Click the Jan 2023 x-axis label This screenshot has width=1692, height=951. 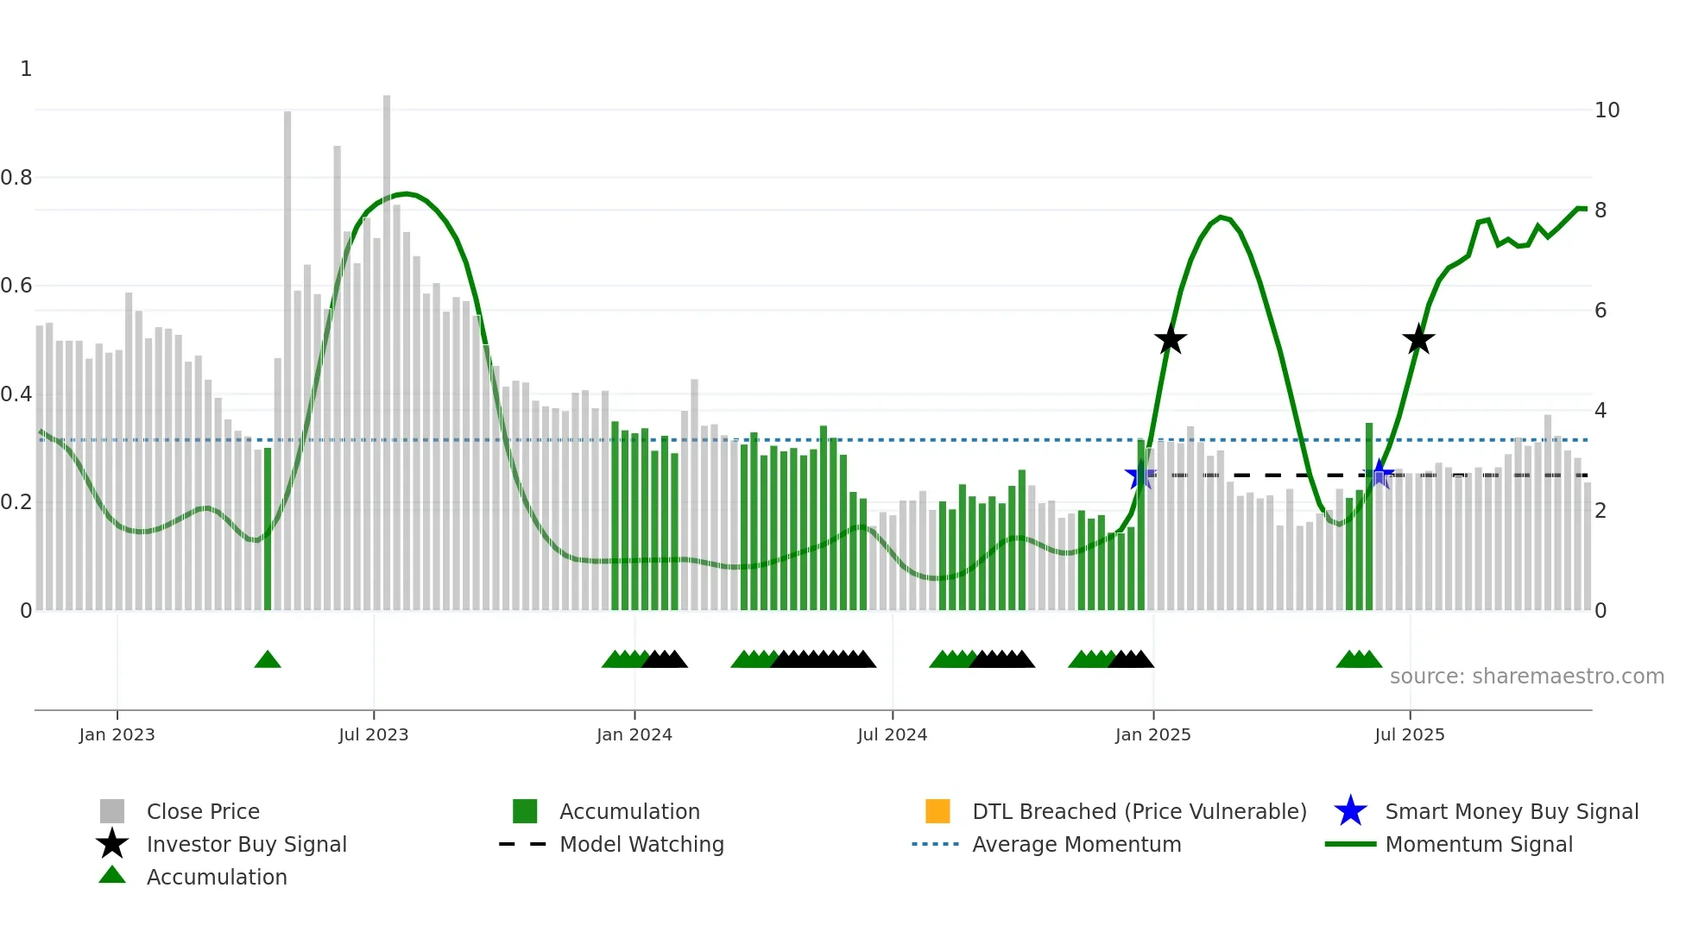click(x=117, y=734)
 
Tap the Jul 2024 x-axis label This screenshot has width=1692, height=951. click(x=892, y=734)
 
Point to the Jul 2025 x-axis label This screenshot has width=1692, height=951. click(x=1409, y=734)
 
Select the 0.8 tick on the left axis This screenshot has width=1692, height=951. click(x=16, y=178)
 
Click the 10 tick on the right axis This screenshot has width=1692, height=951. click(x=1607, y=110)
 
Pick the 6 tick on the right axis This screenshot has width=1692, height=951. click(x=1600, y=311)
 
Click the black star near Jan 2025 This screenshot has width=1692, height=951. click(x=1171, y=340)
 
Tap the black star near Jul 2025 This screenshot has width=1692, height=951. click(x=1418, y=340)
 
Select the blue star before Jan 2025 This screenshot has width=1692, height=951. click(x=1140, y=475)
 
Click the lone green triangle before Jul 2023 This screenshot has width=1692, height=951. click(x=268, y=660)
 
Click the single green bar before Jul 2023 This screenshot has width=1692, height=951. click(x=268, y=528)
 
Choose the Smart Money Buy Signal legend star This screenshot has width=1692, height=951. click(x=1350, y=811)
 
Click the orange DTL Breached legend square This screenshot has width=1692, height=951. click(x=938, y=811)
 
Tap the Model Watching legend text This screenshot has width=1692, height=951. click(x=641, y=844)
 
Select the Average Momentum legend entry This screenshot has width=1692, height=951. click(x=1076, y=844)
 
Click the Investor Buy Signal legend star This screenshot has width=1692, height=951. click(x=112, y=844)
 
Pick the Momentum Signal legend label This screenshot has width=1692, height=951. click(x=1478, y=844)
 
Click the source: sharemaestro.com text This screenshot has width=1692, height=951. click(x=1526, y=677)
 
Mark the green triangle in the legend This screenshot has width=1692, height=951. click(x=112, y=875)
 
